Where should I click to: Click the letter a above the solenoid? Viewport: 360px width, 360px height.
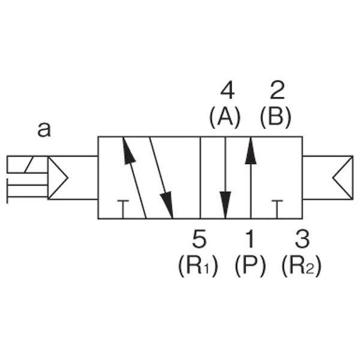coord(44,130)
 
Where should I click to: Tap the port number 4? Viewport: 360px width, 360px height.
coord(227,91)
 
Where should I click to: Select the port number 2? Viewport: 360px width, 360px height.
coord(277,91)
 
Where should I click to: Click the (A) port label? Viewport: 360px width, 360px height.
coord(225,117)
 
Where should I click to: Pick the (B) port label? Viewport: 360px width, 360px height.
coord(275,117)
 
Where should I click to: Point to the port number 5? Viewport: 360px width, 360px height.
coord(199,239)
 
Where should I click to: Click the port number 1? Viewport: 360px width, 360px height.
coord(250,239)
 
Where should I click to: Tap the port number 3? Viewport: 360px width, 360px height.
coord(302,239)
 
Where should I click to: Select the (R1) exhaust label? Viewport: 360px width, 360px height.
coord(198,266)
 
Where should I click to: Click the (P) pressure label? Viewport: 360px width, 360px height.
coord(250,266)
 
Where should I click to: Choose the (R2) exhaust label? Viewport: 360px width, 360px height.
coord(301,266)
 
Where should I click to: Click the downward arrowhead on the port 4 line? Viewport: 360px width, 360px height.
coord(226,205)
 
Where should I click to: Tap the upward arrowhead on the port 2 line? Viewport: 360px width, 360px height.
coord(251,151)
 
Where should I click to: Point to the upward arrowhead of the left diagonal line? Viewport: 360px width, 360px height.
coord(128,151)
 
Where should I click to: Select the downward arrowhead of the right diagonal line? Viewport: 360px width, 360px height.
coord(167,205)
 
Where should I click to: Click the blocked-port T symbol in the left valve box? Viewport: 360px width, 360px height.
coord(123,209)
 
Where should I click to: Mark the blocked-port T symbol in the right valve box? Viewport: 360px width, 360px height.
coord(277,209)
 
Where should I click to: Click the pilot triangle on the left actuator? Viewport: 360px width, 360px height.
coord(58,178)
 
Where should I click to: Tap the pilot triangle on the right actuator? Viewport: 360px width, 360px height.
coord(343,178)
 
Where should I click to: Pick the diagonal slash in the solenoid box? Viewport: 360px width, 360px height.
coord(29,164)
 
